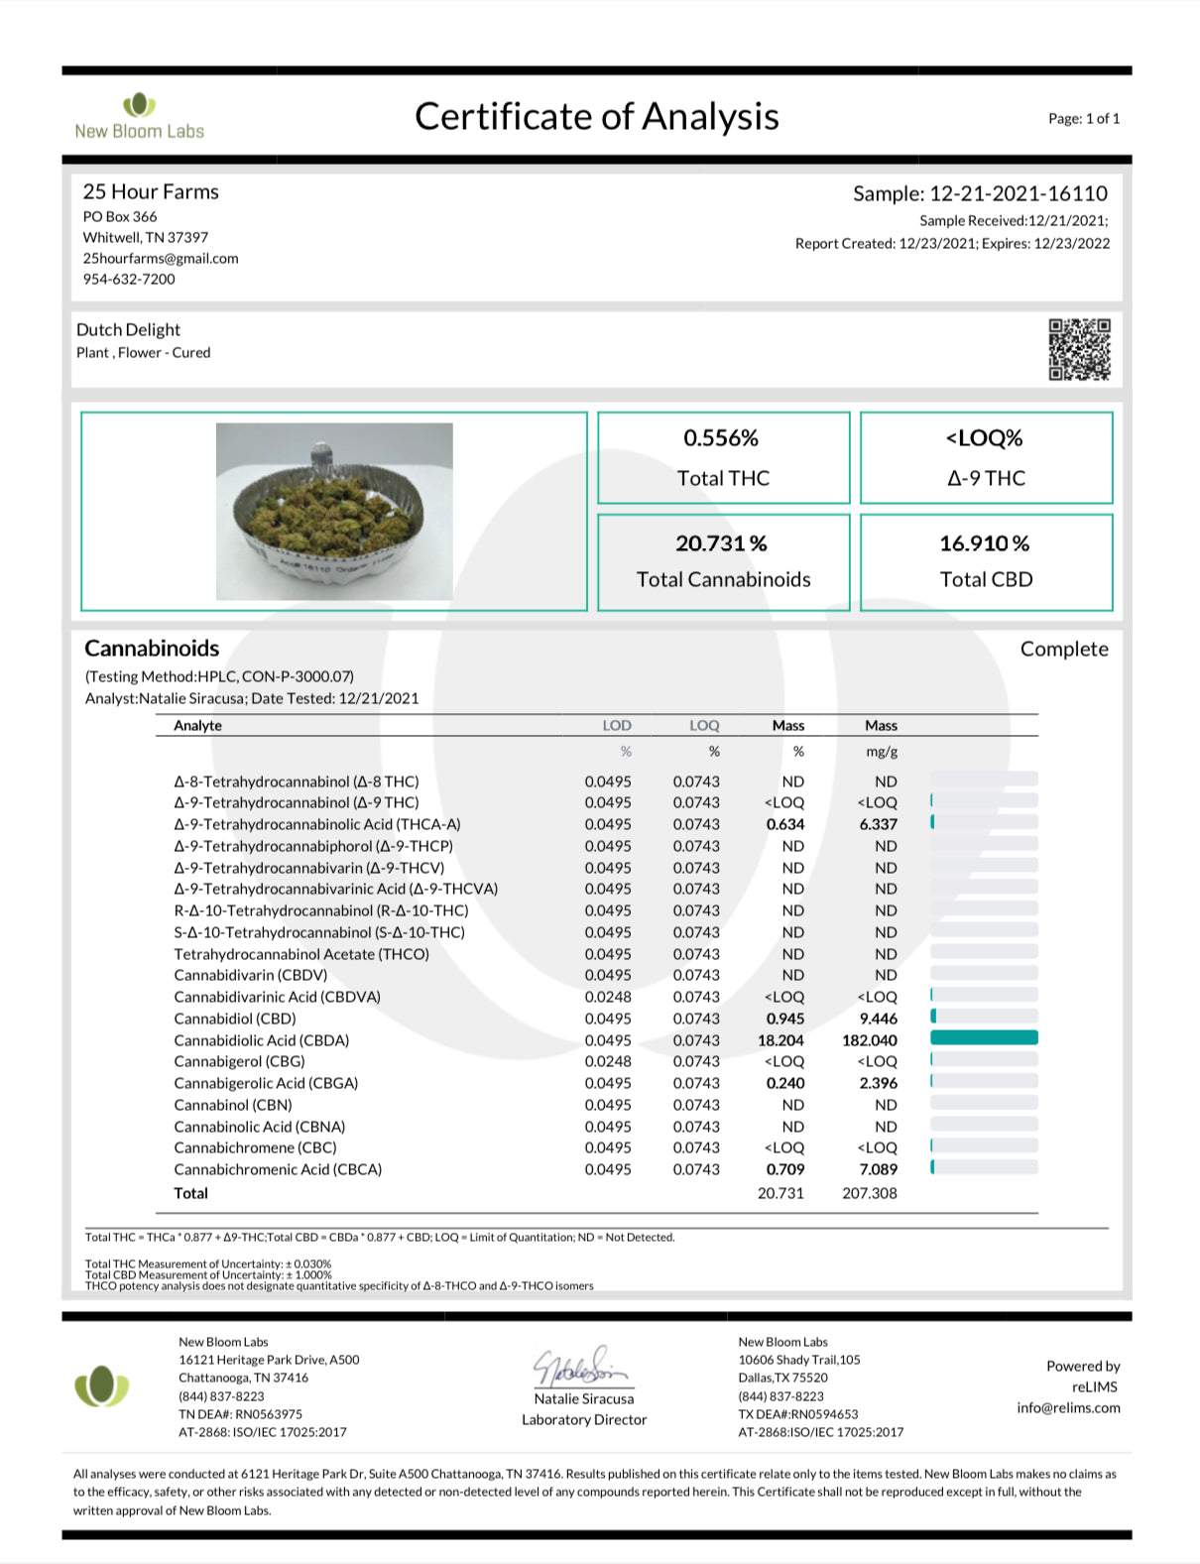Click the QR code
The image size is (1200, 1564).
[1079, 349]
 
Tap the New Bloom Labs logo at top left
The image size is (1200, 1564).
[139, 116]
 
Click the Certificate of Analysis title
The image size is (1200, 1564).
[596, 117]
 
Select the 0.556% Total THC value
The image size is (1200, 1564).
[721, 438]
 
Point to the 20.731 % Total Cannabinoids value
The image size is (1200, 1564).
[721, 543]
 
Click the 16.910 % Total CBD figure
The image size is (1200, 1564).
[984, 543]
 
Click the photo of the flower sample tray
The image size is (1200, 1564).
[334, 511]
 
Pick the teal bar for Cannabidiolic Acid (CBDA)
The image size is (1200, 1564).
[984, 1037]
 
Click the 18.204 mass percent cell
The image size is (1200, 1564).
[780, 1040]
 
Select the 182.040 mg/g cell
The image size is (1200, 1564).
[870, 1040]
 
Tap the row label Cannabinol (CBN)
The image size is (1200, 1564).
[233, 1105]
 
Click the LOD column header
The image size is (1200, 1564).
[616, 726]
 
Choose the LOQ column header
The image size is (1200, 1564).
[704, 726]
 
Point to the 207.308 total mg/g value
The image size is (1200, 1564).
[870, 1193]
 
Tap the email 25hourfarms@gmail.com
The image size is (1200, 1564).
[161, 258]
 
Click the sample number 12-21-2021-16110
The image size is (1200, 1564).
[1018, 193]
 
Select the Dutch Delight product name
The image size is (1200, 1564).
[128, 330]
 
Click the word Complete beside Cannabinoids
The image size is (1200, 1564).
[1064, 649]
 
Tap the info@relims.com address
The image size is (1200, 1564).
[1068, 1407]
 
